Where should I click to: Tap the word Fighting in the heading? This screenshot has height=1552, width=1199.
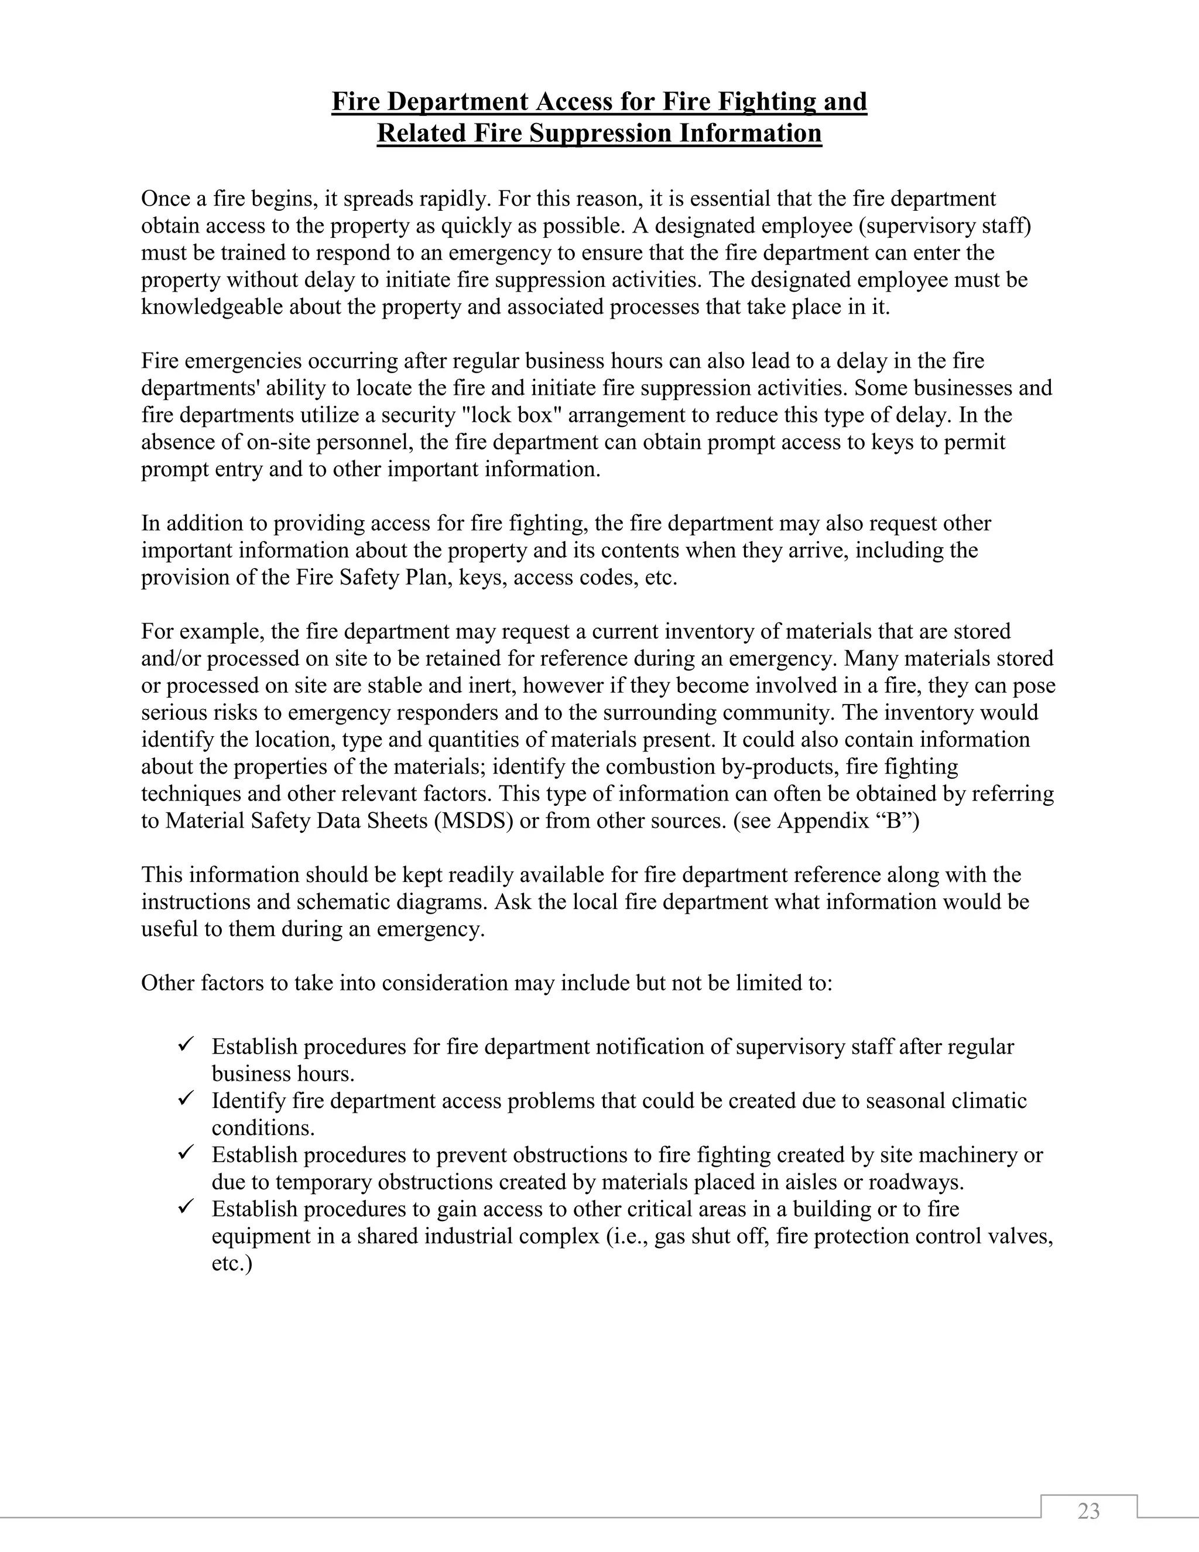point(768,102)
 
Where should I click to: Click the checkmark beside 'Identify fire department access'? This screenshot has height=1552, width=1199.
point(187,1099)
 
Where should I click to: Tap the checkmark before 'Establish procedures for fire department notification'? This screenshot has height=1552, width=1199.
point(187,1045)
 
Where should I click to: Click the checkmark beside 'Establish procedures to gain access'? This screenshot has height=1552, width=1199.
point(187,1208)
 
